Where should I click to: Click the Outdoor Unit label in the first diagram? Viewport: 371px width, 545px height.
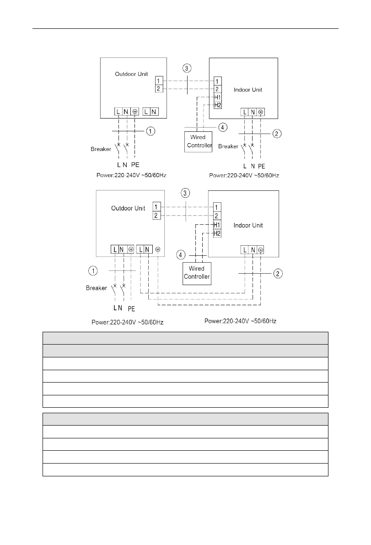(x=129, y=74)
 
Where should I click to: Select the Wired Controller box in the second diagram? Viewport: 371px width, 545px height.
(x=197, y=273)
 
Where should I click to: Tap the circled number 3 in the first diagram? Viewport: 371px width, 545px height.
(x=187, y=69)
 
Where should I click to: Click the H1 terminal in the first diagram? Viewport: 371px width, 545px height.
(x=218, y=97)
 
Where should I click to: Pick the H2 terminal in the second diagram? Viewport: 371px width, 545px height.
(x=218, y=233)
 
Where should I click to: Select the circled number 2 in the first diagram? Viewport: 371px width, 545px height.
(x=277, y=134)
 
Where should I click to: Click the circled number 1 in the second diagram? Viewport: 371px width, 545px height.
(x=93, y=271)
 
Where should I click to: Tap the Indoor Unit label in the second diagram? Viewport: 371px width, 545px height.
(x=248, y=226)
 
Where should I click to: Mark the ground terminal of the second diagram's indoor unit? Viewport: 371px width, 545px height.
(x=260, y=250)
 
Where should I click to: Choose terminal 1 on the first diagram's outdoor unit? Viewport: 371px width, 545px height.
(x=158, y=81)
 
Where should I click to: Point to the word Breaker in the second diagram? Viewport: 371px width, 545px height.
(x=96, y=288)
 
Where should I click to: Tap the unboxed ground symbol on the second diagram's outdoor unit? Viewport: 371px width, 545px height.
(x=158, y=249)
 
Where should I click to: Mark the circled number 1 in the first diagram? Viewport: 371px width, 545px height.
(x=151, y=132)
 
